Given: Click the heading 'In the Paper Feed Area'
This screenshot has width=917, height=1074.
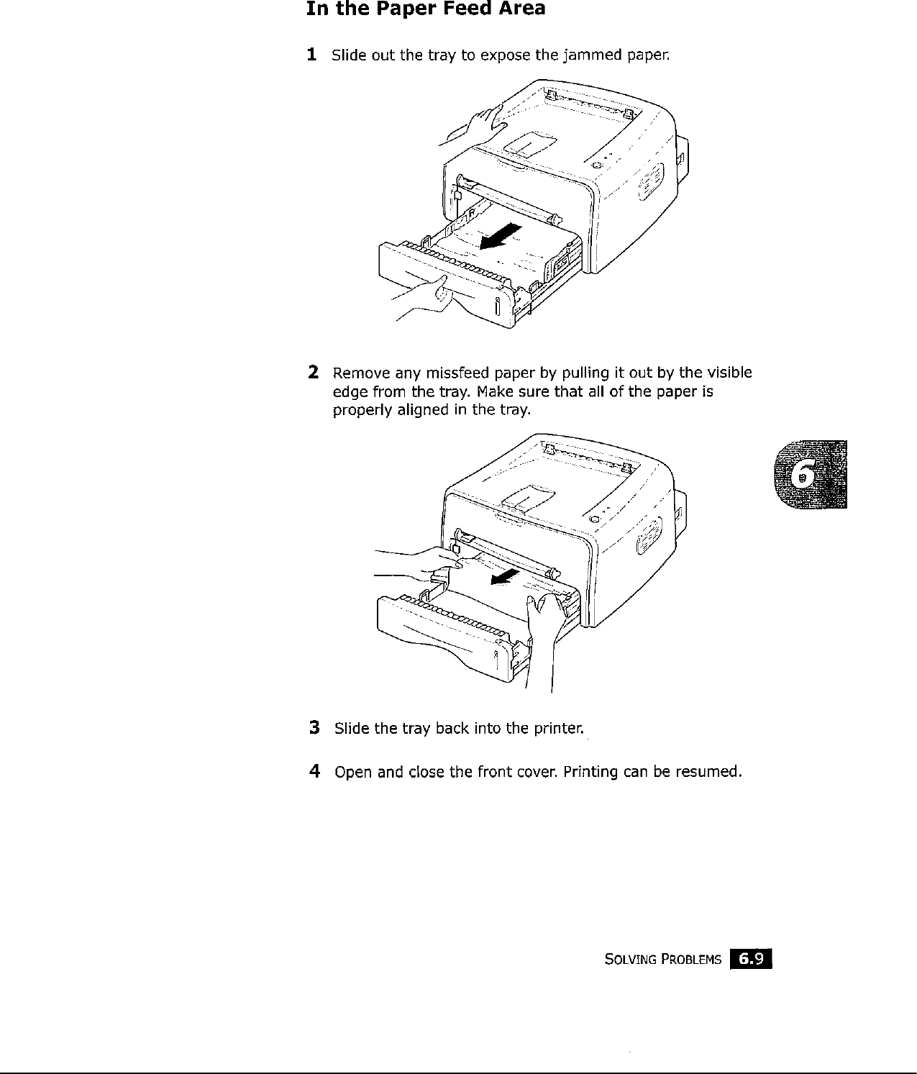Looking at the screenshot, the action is [425, 10].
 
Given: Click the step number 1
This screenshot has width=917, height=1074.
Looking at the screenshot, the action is [311, 55].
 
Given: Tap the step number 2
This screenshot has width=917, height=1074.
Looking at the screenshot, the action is [313, 373].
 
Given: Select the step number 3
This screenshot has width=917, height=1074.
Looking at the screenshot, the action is [314, 728].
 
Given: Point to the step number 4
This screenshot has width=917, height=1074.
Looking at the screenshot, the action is [314, 772].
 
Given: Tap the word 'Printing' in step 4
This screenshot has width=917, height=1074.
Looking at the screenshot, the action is [590, 773].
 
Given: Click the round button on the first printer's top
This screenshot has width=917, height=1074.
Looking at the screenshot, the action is [595, 166].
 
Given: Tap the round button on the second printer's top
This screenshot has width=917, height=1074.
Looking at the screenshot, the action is [593, 519].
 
